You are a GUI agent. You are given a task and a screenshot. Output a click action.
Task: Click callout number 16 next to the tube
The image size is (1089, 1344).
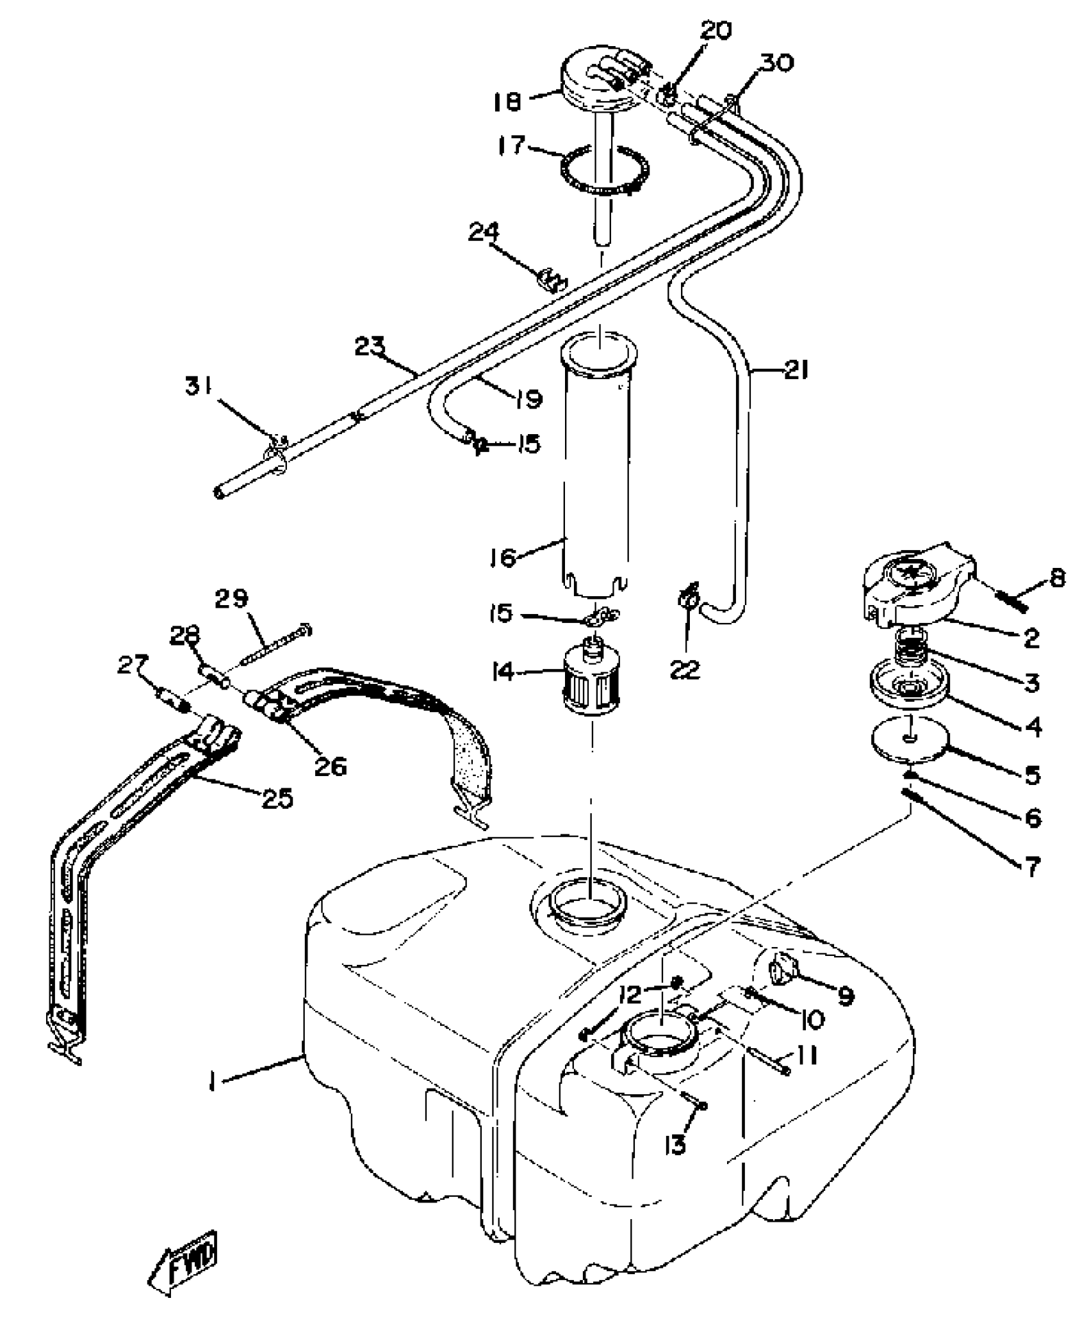[x=504, y=556]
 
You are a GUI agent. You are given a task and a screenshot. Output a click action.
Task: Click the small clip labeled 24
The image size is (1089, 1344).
[x=551, y=280]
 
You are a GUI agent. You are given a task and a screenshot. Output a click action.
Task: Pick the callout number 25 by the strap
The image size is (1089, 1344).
[x=277, y=798]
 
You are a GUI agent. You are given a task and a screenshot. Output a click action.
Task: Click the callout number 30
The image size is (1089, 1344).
[x=778, y=63]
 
